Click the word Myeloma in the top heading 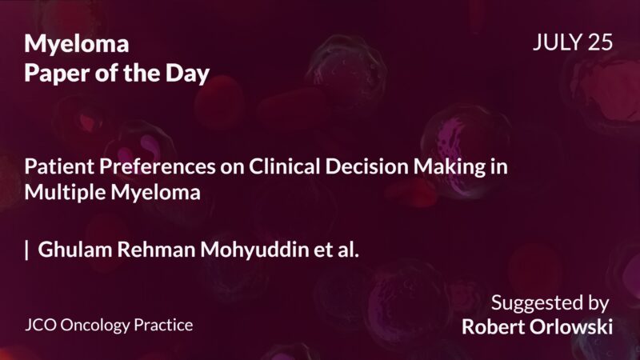77,44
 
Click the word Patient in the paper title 54,169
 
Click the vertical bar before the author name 27,250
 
